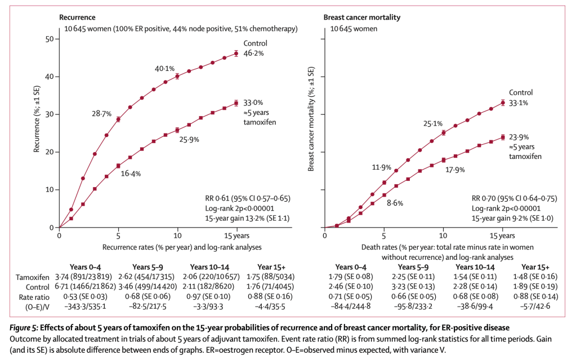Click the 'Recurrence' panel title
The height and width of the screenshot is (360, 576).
(80, 17)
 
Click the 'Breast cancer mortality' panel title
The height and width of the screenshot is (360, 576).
(361, 17)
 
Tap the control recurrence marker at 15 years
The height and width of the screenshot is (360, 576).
(236, 54)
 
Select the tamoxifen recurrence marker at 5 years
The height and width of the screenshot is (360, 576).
(118, 166)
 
